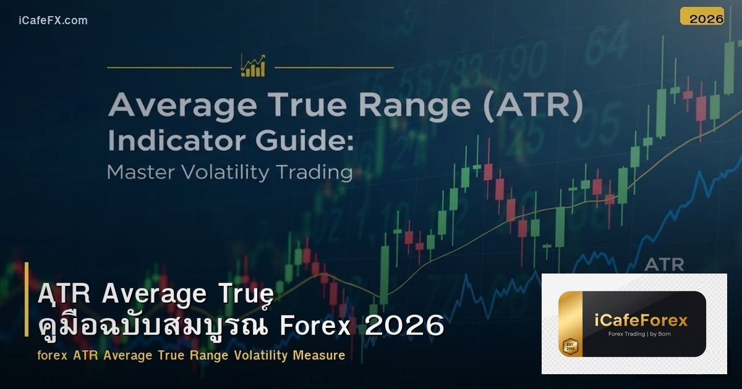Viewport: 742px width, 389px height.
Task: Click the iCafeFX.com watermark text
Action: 53,20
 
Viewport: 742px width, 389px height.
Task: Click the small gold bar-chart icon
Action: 253,66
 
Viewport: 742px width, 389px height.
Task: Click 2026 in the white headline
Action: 404,325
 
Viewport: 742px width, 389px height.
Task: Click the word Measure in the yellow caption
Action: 321,356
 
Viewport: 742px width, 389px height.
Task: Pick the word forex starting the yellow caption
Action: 52,356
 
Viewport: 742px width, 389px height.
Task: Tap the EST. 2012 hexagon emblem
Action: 569,346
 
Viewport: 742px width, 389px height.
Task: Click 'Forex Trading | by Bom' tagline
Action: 639,334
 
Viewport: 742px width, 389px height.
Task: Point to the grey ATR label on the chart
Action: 664,265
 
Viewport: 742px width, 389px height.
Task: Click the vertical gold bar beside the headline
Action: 27,299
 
